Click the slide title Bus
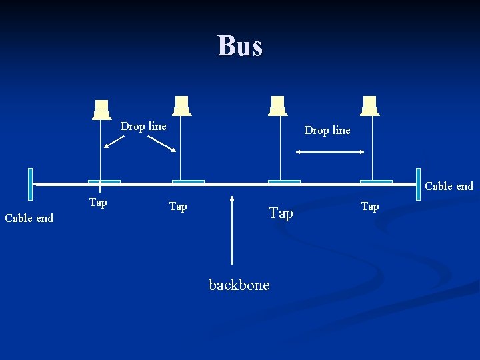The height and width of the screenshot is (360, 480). click(240, 46)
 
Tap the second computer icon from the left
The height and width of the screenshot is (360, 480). click(181, 105)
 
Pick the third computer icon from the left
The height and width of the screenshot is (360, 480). click(277, 105)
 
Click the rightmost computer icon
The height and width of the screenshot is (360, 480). click(369, 105)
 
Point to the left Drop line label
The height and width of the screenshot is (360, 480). click(143, 126)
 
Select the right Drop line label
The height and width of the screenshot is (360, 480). click(327, 130)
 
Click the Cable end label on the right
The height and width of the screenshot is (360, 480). click(449, 186)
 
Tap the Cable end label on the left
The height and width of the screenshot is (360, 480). click(29, 218)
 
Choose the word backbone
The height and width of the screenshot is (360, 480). click(239, 285)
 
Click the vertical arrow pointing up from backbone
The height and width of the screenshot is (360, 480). click(232, 229)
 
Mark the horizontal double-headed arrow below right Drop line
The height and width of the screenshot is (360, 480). click(331, 153)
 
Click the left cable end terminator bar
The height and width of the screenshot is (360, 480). click(31, 184)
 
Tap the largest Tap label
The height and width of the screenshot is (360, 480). click(281, 213)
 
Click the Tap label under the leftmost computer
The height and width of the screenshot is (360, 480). click(98, 202)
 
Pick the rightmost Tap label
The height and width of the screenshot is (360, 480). click(370, 207)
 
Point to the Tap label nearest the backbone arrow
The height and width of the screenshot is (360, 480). click(178, 207)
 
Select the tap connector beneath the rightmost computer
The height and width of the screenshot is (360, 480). click(376, 181)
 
